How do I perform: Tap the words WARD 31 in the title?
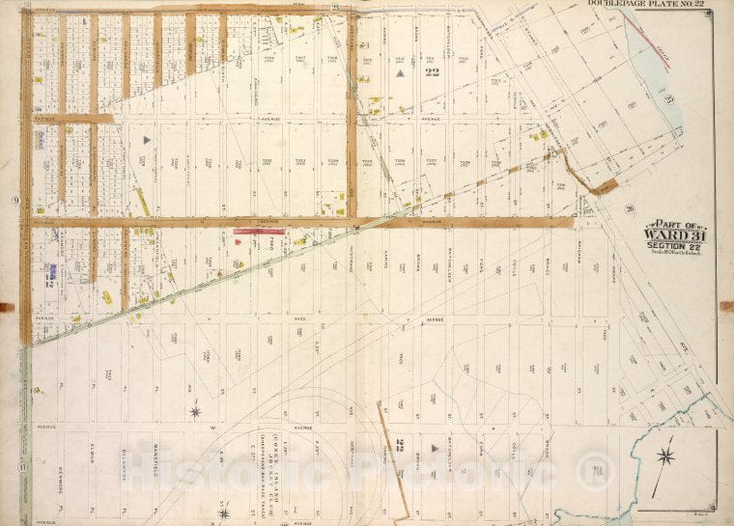point(665,233)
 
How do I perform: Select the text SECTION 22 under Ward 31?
point(665,245)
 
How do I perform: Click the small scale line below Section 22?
point(665,253)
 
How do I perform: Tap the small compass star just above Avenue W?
point(195,412)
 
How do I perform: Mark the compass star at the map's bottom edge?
point(223,512)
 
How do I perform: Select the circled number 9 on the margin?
point(15,200)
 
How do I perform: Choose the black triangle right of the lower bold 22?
point(419,448)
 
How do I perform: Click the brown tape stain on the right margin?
point(725,306)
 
